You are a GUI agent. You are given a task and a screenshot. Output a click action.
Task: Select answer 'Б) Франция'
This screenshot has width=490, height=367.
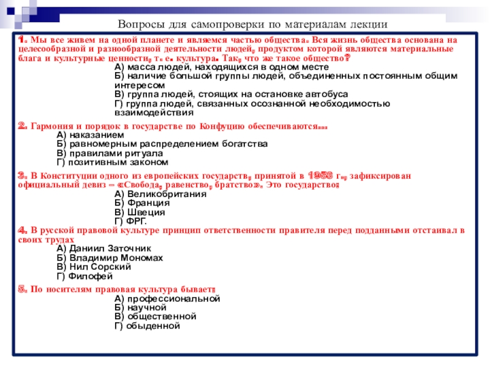142,203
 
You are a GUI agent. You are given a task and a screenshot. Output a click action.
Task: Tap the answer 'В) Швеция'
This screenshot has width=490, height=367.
140,212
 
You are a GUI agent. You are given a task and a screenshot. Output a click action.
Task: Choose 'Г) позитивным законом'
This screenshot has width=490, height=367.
111,162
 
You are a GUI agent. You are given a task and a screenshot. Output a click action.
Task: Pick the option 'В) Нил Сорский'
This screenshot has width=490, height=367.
93,267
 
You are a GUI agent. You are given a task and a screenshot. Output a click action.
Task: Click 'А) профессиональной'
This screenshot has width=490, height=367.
167,298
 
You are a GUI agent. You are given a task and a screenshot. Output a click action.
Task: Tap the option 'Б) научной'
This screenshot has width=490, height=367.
140,308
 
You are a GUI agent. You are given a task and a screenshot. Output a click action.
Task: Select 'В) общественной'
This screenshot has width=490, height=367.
155,317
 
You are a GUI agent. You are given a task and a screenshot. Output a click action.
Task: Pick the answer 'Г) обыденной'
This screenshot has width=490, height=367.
147,326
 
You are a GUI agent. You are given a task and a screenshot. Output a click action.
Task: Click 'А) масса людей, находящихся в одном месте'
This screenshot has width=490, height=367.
222,67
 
